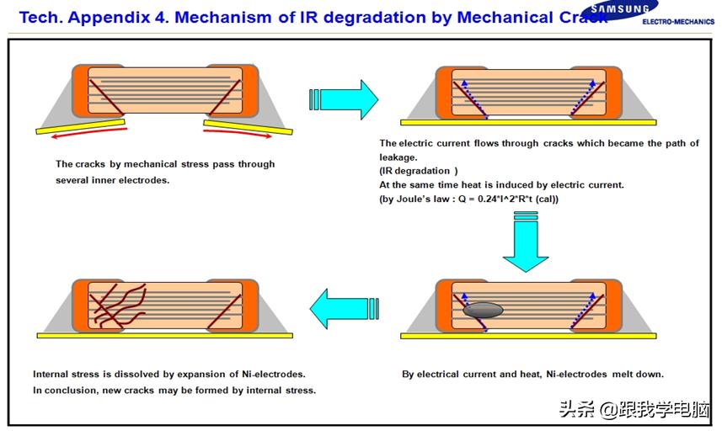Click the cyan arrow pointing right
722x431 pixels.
[x=348, y=99]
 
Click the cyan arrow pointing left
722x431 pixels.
[x=340, y=308]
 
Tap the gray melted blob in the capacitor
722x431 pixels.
[x=483, y=309]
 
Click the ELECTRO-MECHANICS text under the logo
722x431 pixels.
[x=677, y=21]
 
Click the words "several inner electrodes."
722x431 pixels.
[x=112, y=180]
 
